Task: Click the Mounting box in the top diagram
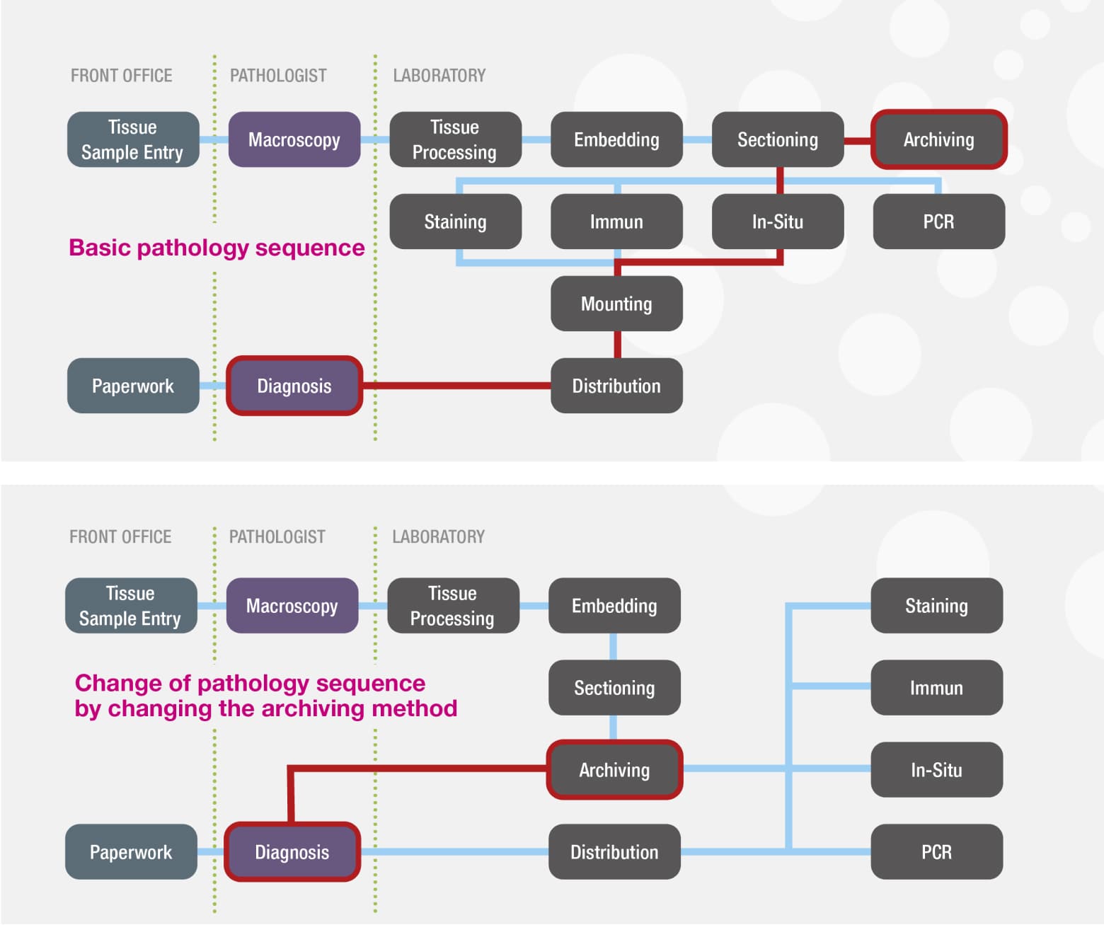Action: point(616,304)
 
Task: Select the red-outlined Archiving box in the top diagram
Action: point(938,139)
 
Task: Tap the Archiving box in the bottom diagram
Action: point(614,769)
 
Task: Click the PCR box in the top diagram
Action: point(938,222)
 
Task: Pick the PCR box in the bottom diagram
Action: point(936,851)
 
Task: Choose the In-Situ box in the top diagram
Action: point(777,222)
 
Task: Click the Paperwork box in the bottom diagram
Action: point(131,851)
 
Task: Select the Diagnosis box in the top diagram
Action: point(294,386)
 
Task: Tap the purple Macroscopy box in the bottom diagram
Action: point(292,606)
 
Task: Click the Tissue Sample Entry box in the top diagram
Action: point(132,139)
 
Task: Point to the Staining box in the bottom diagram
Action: point(936,606)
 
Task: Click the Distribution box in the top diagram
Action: point(616,386)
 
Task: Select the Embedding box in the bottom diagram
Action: point(614,606)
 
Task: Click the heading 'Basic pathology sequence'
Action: point(217,248)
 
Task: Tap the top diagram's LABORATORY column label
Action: point(439,76)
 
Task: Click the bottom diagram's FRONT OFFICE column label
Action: point(120,537)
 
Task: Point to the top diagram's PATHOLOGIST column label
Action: point(278,76)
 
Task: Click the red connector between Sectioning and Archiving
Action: point(857,140)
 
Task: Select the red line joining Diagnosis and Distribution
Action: point(456,386)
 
